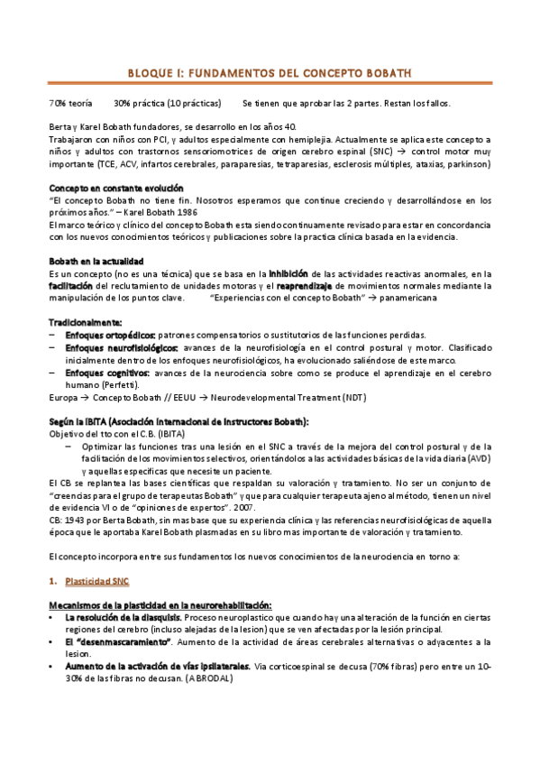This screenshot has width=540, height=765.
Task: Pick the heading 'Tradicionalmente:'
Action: pyautogui.click(x=84, y=322)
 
